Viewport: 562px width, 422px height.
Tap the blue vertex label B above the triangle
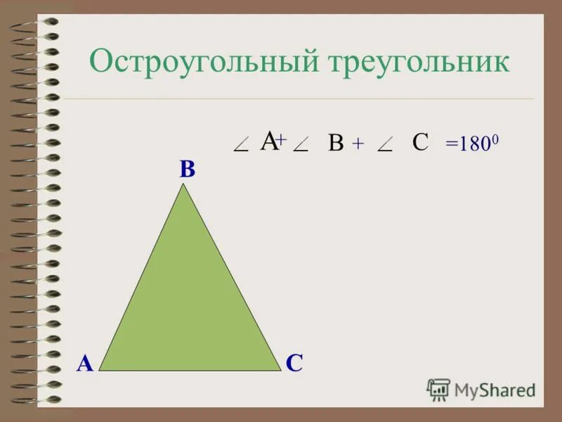(187, 170)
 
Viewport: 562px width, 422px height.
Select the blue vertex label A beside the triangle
(85, 363)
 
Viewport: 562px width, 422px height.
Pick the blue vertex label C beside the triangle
(294, 363)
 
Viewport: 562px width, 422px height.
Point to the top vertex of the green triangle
(184, 185)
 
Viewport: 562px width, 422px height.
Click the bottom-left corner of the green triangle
(100, 369)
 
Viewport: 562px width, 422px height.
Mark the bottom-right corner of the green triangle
(280, 369)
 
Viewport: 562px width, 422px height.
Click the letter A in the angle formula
(268, 141)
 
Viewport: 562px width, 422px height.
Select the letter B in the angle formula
(336, 144)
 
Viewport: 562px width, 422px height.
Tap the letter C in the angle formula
(420, 142)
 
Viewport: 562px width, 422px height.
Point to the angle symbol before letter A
(240, 146)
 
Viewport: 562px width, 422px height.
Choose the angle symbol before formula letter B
(302, 146)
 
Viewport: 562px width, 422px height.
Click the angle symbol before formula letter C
(385, 146)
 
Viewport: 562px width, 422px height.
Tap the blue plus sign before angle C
(358, 144)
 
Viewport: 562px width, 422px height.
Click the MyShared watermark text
(495, 390)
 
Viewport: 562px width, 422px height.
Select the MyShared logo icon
(438, 389)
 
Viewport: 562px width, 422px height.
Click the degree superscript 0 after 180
(496, 139)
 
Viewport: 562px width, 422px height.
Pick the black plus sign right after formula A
(280, 141)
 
